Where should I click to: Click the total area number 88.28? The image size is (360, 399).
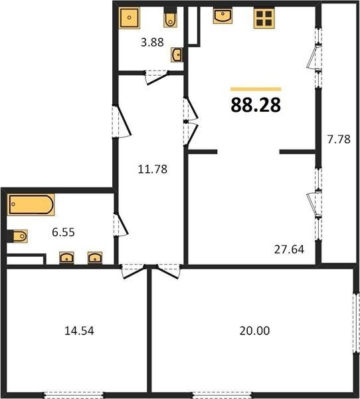click(x=256, y=105)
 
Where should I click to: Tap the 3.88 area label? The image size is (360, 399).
click(x=152, y=43)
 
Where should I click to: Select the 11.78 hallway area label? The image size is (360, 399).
click(x=153, y=169)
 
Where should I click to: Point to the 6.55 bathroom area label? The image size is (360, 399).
click(x=63, y=232)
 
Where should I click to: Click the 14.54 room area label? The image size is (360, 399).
click(x=79, y=331)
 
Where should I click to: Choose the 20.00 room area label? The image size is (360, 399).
click(x=255, y=331)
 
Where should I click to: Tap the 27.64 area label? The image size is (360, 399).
click(x=290, y=249)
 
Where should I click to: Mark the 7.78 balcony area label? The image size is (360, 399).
click(x=339, y=139)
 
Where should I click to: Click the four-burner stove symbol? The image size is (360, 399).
click(x=264, y=19)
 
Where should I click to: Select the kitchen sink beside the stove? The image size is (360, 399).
click(x=223, y=16)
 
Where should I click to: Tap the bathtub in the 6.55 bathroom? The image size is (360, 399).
click(x=31, y=205)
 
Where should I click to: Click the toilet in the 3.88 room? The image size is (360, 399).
click(x=170, y=17)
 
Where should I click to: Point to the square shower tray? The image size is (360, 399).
click(x=130, y=18)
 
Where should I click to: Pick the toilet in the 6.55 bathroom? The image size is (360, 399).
click(x=17, y=236)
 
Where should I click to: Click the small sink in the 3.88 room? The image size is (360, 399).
click(x=176, y=55)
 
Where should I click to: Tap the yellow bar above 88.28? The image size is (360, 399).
click(x=256, y=89)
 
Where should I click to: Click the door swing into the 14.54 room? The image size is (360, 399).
click(x=133, y=272)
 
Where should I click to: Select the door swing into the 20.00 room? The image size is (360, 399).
click(x=169, y=272)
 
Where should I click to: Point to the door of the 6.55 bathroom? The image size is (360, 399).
click(x=122, y=225)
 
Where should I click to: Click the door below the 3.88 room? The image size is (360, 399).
click(x=157, y=77)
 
